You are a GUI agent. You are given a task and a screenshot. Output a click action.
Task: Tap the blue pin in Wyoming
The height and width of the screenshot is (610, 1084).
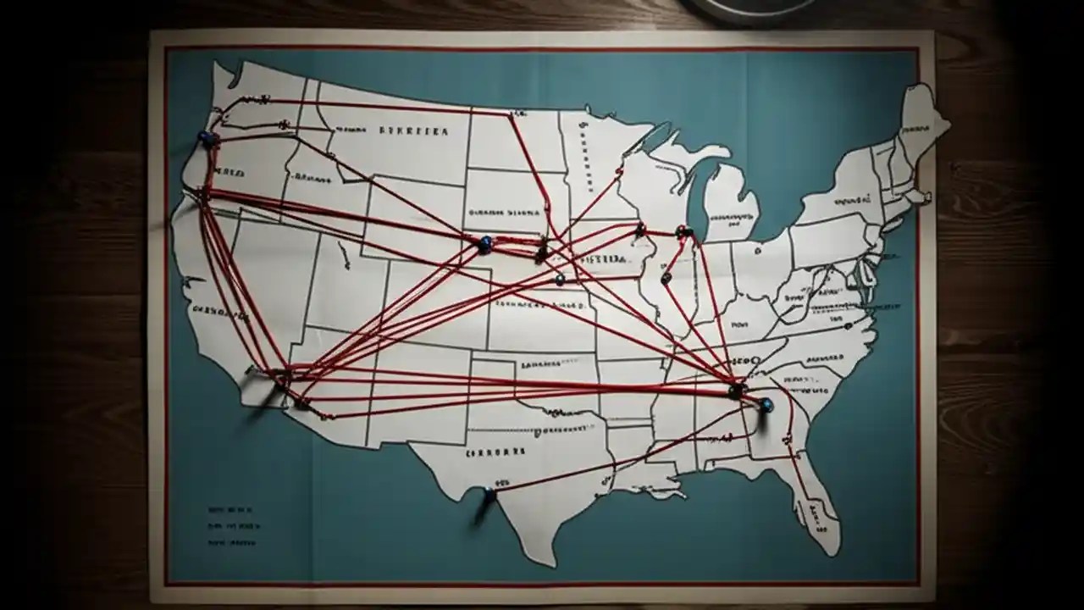(x=484, y=244)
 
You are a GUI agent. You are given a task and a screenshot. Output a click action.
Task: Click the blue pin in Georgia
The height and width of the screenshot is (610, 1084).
(x=766, y=405)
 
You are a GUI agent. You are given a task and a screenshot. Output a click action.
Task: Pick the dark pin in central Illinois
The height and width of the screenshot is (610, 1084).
(x=666, y=277)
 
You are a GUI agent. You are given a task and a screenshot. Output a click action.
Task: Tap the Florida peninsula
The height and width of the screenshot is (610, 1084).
(x=817, y=500)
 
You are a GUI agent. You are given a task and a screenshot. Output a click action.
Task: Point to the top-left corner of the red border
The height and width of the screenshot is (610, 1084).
(x=166, y=49)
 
